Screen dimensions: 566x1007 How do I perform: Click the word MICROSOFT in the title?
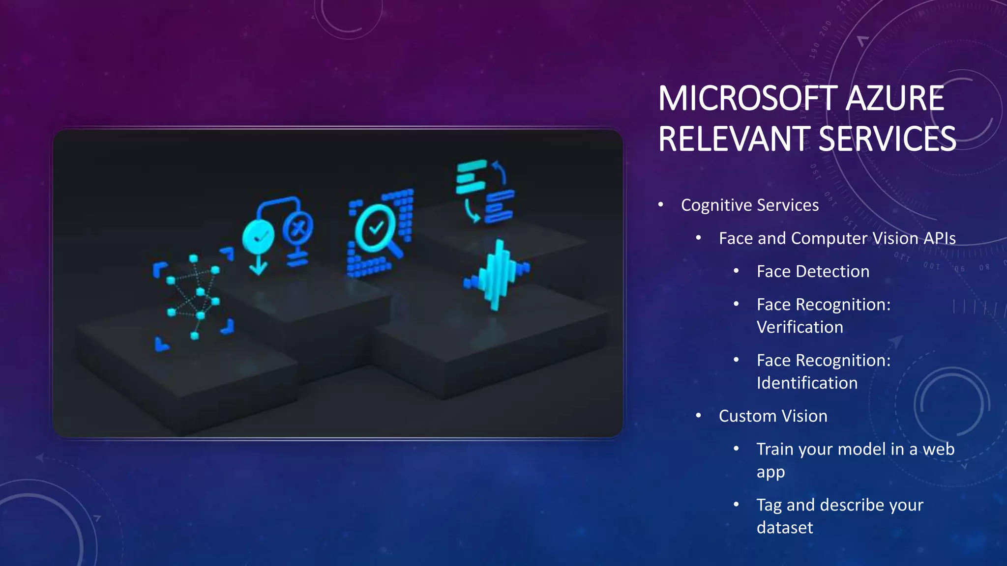point(747,99)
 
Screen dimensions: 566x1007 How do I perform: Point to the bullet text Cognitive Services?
point(749,205)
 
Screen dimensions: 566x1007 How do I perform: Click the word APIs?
point(939,238)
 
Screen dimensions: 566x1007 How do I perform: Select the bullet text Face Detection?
point(813,271)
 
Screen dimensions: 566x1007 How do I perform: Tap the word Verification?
point(800,327)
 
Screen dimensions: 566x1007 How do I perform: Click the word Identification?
point(807,383)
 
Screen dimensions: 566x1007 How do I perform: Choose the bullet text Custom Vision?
point(773,416)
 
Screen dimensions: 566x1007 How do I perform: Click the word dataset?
point(785,528)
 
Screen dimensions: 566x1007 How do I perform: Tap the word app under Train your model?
point(770,472)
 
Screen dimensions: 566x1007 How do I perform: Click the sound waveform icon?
point(497,275)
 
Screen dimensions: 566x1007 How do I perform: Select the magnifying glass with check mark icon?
point(379,231)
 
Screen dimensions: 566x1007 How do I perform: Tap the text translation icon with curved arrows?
point(485,192)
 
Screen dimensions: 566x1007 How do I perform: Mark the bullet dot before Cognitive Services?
point(661,204)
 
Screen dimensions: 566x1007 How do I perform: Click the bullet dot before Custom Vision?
point(699,416)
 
